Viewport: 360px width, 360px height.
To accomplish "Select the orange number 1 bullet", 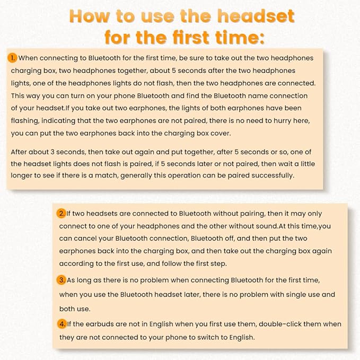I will (x=12, y=58).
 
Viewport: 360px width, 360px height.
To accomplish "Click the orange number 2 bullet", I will (x=62, y=214).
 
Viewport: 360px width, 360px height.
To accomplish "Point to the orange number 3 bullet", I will (x=62, y=279).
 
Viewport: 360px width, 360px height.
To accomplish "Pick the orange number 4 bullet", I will (x=62, y=323).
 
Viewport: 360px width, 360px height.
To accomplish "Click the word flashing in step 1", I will (x=27, y=121).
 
